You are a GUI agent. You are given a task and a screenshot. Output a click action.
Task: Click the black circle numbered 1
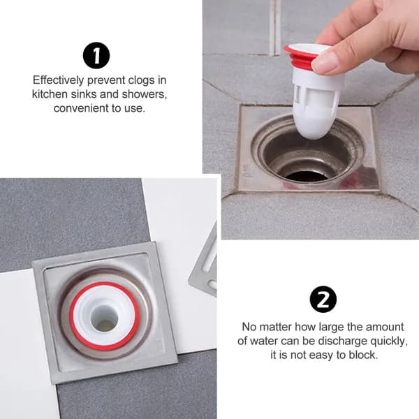pos(96,55)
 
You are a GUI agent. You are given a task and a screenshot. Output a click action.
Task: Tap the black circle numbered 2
pos(323,300)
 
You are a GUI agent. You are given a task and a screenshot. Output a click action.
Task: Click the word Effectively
pos(59,80)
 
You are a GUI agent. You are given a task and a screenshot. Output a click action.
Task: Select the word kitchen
pos(50,94)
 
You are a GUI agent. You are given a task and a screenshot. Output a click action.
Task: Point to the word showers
pos(145,94)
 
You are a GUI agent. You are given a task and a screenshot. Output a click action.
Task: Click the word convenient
pos(81,108)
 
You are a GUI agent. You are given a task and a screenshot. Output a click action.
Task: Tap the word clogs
pos(141,80)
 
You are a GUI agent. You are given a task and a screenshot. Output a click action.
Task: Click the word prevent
pos(106,80)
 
